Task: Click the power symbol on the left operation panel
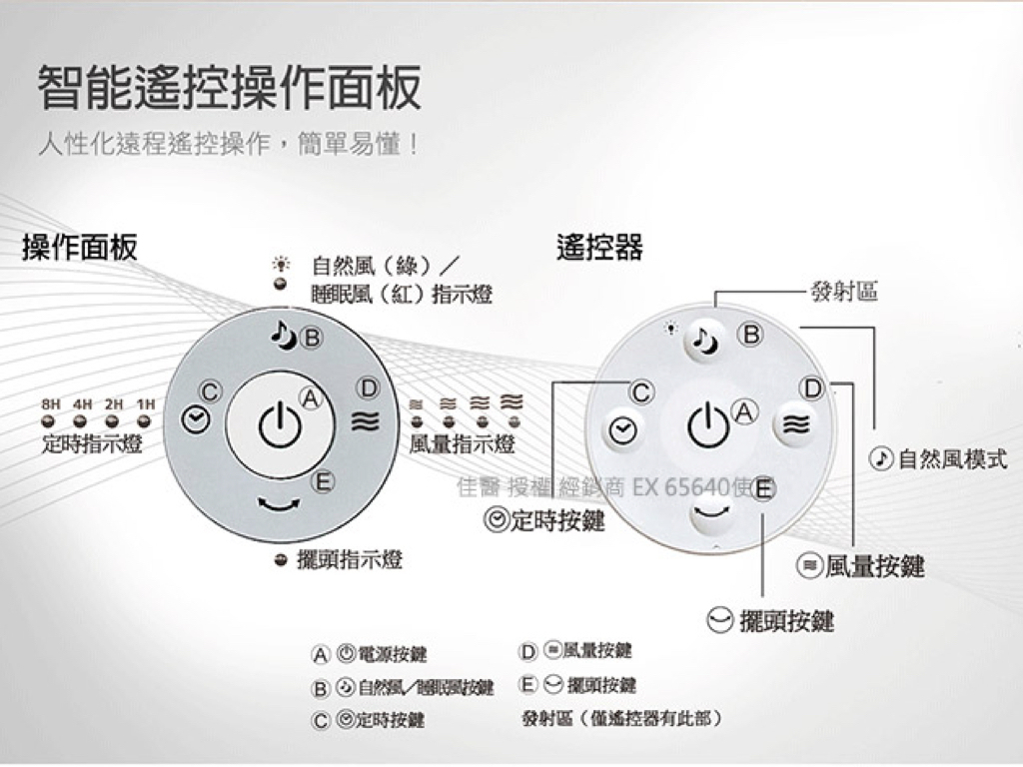[281, 427]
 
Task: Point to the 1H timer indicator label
[146, 404]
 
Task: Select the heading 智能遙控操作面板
[230, 88]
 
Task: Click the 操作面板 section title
[80, 248]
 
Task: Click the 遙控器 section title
[599, 248]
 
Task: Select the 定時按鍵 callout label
[544, 520]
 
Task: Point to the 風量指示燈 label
[462, 443]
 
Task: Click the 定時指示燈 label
[92, 443]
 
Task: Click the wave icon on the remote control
[796, 424]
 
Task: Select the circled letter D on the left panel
[369, 387]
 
